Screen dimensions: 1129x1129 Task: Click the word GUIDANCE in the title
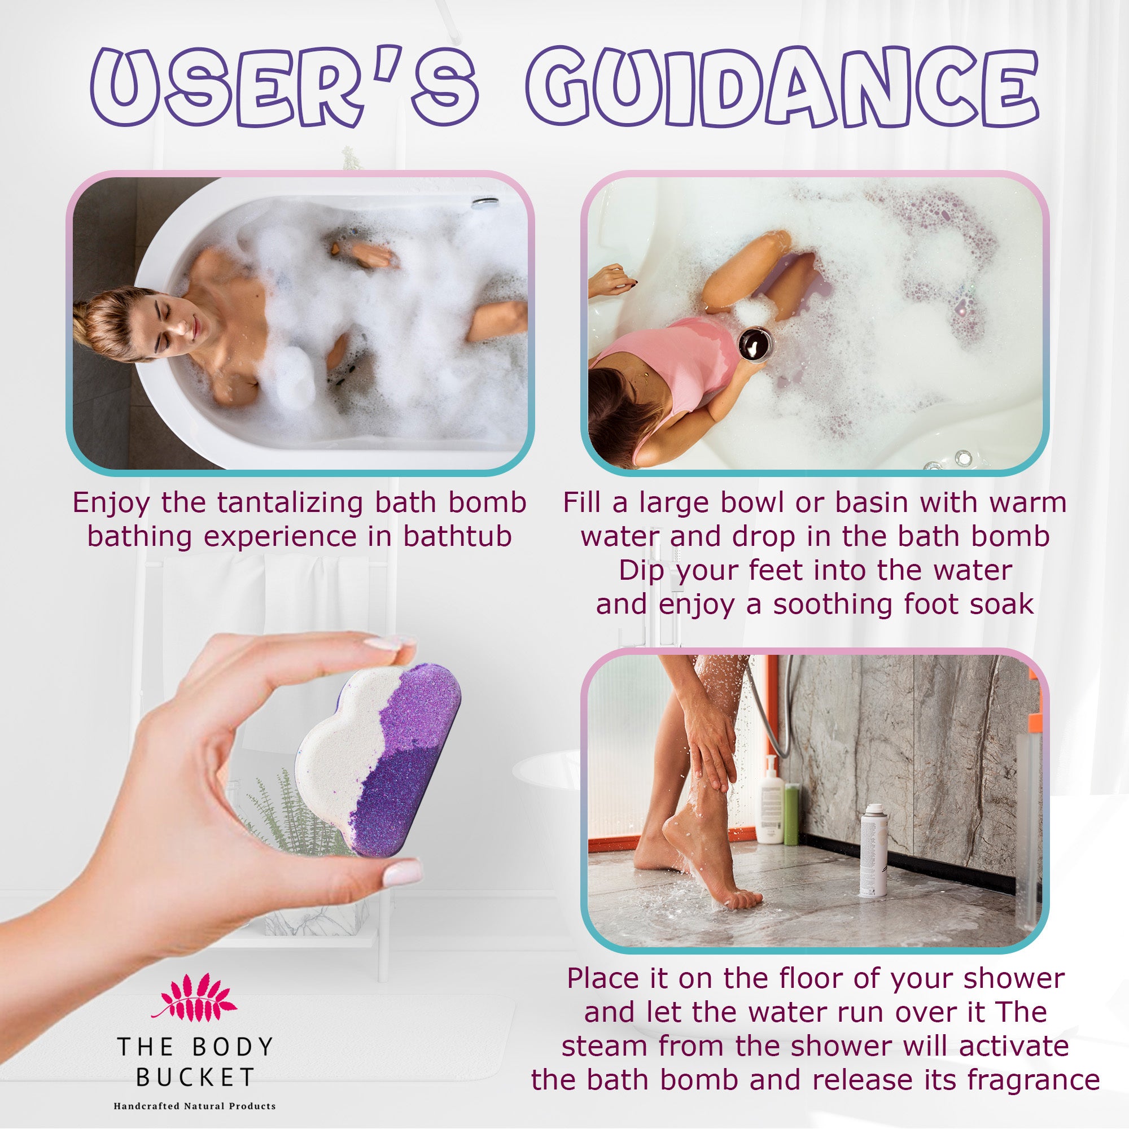click(781, 87)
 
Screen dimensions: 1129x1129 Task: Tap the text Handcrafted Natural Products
click(195, 1106)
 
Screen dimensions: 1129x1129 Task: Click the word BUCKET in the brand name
click(195, 1077)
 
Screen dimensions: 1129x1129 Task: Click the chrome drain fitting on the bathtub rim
click(485, 202)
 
